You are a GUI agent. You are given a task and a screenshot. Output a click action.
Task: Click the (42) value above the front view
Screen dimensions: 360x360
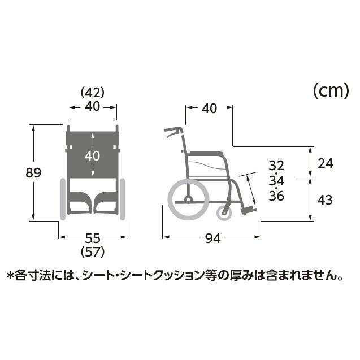[93, 92]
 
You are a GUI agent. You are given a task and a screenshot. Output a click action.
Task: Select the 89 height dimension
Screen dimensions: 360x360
[34, 172]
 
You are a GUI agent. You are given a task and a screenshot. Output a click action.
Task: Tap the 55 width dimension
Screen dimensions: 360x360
[93, 238]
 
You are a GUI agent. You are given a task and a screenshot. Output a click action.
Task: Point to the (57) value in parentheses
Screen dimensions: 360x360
[93, 251]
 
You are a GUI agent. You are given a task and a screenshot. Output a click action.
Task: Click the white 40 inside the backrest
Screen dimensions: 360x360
[93, 155]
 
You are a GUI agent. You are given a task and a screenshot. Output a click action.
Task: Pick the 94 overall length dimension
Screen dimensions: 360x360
[212, 238]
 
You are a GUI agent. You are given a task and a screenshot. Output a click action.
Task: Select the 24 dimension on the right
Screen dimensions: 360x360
[326, 164]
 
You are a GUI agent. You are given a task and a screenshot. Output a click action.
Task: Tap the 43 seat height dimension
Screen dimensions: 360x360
[326, 199]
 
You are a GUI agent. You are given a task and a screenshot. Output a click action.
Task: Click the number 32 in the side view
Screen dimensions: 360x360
[276, 166]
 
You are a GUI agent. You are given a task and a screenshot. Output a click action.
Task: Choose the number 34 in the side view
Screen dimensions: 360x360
[276, 181]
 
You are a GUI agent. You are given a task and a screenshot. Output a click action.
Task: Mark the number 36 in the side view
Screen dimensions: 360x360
[276, 196]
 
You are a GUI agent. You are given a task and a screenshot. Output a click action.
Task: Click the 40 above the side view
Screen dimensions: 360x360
[209, 109]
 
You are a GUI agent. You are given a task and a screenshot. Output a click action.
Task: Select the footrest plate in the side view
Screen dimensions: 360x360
[248, 211]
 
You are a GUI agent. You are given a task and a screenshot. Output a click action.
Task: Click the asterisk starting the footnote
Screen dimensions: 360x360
[10, 276]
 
